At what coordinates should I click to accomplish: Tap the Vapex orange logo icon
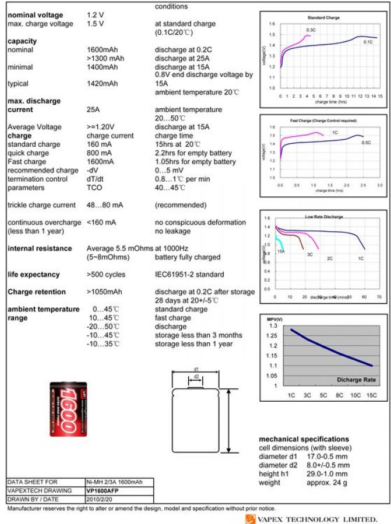tap(250, 518)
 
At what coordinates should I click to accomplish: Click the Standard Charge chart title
tap(323, 18)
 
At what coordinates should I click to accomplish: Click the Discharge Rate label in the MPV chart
tap(356, 380)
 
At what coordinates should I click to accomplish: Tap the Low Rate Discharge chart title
tap(323, 217)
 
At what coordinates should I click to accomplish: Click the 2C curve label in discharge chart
tap(329, 258)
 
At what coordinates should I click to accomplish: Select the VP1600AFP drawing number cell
tap(104, 491)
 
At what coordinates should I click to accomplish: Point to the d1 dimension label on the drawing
tap(196, 369)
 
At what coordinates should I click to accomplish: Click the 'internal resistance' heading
tap(40, 249)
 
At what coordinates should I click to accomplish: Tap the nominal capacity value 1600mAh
tap(102, 50)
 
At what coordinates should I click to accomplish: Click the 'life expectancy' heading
tap(34, 275)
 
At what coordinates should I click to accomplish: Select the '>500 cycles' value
tap(105, 275)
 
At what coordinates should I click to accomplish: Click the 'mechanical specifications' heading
tap(304, 439)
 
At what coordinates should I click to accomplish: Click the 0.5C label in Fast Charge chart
tap(366, 143)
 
